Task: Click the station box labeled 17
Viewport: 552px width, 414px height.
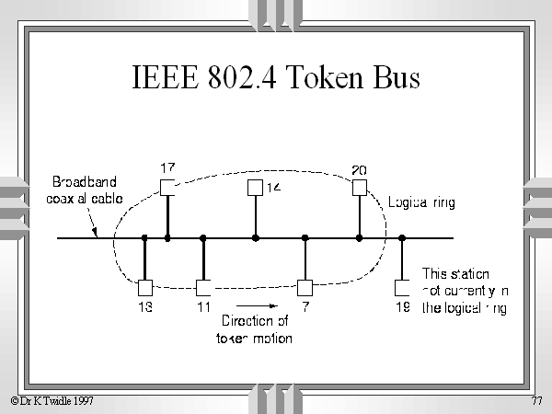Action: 167,187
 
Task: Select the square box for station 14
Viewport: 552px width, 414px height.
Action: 256,187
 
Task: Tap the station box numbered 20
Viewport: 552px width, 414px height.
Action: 359,187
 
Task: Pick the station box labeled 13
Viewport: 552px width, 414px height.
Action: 144,286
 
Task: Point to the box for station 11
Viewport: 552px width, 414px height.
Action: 203,286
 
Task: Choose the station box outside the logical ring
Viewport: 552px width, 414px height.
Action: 402,286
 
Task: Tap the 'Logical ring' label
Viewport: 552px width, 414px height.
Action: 420,201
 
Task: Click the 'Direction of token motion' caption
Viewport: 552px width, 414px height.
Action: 255,329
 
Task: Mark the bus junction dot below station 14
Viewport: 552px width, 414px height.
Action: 256,238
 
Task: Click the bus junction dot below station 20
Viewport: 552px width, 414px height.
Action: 359,238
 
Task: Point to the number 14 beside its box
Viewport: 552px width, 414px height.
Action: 273,188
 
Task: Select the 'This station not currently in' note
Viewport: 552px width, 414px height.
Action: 464,291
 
